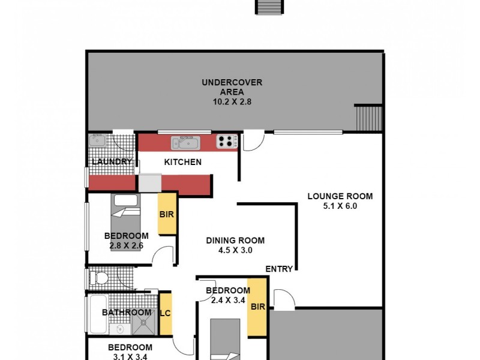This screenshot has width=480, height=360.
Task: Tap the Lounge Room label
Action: coord(340,196)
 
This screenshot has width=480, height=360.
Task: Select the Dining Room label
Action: coord(235,241)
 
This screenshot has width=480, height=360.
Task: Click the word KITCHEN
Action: coord(183,162)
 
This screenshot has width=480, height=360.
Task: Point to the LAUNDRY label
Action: coord(112,161)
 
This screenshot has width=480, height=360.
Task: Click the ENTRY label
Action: coord(279,269)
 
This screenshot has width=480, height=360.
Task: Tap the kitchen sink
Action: coord(185,142)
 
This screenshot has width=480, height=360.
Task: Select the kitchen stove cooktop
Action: coord(226,142)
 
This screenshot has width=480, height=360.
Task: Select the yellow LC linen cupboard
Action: coord(166,313)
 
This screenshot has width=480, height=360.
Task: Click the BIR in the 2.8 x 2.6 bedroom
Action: coord(166,214)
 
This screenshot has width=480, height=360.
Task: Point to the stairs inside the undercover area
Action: coord(368,118)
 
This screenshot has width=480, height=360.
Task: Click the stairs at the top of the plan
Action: coord(268,7)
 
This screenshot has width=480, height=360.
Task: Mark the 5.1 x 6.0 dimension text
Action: coord(340,206)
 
